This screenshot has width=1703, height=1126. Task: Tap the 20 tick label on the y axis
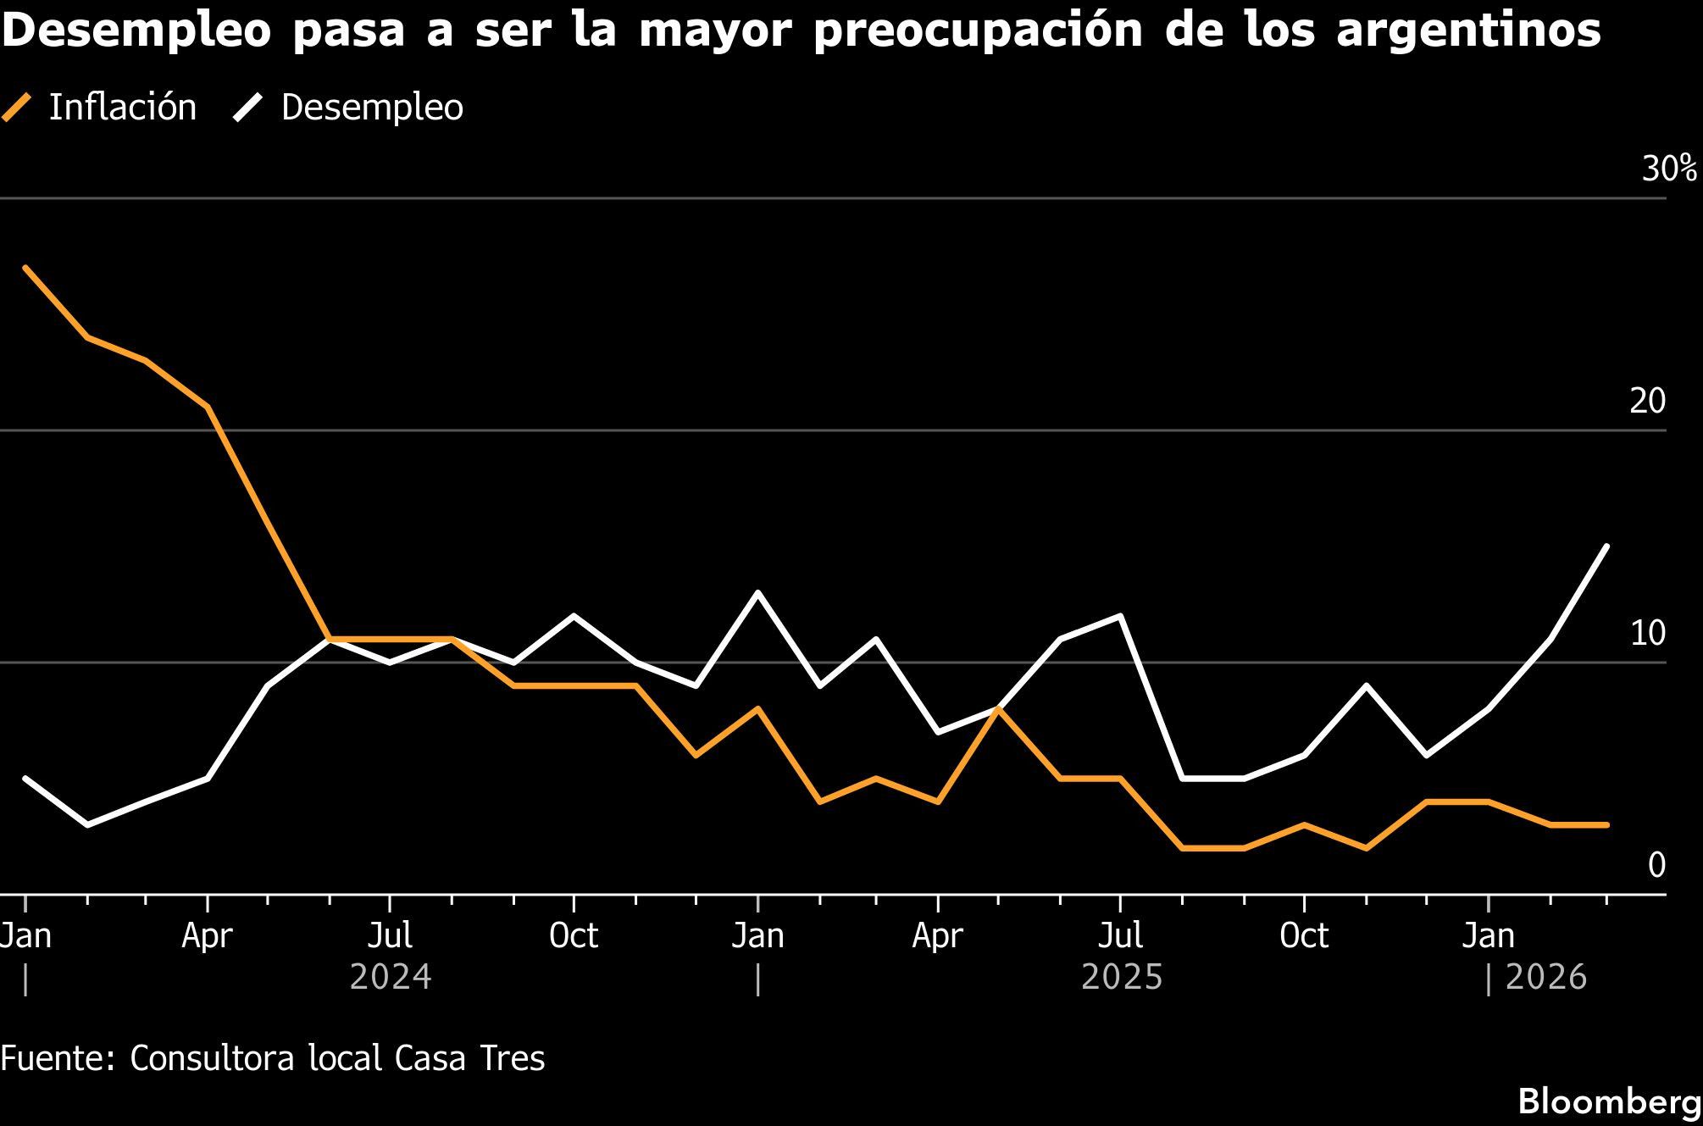(x=1647, y=402)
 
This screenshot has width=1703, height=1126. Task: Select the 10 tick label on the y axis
(x=1647, y=633)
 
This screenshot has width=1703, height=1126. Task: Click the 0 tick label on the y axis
(x=1656, y=865)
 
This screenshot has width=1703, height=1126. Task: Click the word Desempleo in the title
(x=136, y=31)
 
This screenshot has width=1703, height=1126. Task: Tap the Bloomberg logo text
(x=1609, y=1102)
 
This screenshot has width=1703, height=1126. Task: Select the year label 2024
(x=391, y=978)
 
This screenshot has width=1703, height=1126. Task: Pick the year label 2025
(x=1122, y=978)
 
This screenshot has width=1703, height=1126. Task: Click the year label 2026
(x=1545, y=978)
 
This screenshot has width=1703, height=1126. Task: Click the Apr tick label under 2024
(x=208, y=936)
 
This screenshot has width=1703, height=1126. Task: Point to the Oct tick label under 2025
(x=1304, y=936)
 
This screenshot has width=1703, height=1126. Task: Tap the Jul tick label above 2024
(x=391, y=936)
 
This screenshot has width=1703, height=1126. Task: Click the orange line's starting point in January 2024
(x=25, y=268)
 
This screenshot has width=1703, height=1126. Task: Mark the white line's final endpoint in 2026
(x=1607, y=546)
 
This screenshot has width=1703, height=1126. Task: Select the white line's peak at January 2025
(x=757, y=592)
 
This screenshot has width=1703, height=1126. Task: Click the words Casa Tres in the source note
(x=469, y=1059)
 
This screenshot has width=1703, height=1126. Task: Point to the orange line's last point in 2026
(x=1607, y=824)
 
